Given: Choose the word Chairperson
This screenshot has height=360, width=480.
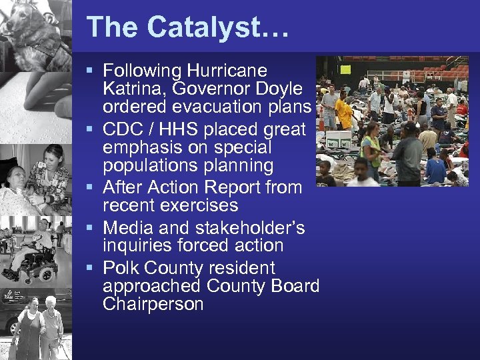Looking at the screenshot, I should (153, 304).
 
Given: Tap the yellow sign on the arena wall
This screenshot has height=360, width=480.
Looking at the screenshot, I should (345, 68).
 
